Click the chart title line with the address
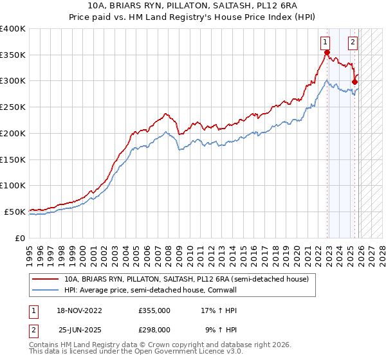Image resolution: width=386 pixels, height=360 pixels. pyautogui.click(x=193, y=6)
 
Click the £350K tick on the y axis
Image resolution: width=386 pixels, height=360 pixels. pyautogui.click(x=13, y=55)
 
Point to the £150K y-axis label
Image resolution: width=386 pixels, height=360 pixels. pyautogui.click(x=13, y=159)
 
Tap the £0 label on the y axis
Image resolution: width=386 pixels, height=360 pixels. pyautogui.click(x=19, y=238)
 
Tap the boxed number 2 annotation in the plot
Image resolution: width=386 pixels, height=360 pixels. pyautogui.click(x=353, y=44)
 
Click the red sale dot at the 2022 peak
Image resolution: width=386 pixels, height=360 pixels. pyautogui.click(x=327, y=53)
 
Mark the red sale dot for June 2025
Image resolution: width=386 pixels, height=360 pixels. pyautogui.click(x=354, y=82)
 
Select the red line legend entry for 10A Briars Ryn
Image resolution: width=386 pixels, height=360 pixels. pyautogui.click(x=187, y=280)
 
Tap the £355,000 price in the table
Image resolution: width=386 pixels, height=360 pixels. pyautogui.click(x=154, y=310)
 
